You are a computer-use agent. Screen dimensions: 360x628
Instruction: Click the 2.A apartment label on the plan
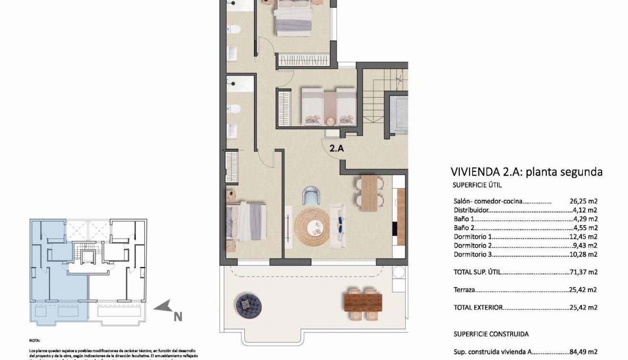[x=337, y=148]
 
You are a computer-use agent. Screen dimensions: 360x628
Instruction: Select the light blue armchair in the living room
[x=311, y=195]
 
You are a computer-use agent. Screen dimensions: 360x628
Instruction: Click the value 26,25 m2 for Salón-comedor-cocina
[x=583, y=201]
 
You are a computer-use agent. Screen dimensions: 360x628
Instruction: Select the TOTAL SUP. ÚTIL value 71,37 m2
[x=583, y=272]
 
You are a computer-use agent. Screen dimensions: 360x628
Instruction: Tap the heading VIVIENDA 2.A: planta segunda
[x=526, y=172]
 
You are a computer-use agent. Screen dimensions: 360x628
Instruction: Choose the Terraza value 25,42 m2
[x=583, y=290]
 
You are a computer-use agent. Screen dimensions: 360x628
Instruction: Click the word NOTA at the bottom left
[x=35, y=341]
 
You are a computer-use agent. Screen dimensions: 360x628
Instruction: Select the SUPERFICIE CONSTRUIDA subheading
[x=491, y=334]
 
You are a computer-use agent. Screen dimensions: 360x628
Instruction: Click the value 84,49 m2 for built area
[x=583, y=352]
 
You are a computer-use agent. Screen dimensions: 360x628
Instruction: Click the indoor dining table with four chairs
[x=369, y=193]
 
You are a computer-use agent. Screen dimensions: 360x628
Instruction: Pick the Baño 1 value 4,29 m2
[x=585, y=219]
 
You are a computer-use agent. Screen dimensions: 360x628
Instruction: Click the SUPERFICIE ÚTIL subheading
[x=477, y=185]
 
